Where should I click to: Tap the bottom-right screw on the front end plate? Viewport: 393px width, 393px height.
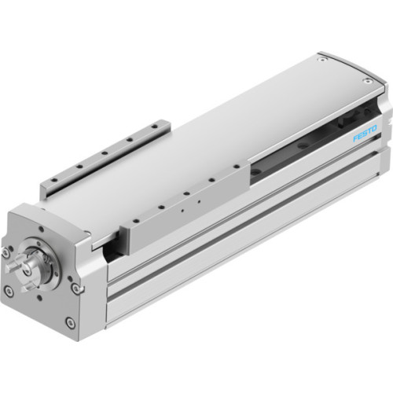(x=70, y=321)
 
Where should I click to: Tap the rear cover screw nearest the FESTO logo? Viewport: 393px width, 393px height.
(x=367, y=79)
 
